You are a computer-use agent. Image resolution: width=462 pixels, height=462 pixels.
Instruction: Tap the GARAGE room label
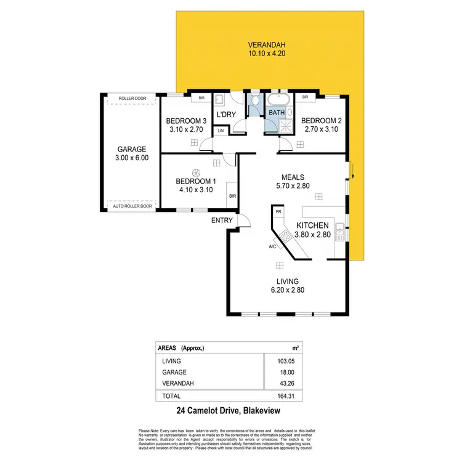pos(132,149)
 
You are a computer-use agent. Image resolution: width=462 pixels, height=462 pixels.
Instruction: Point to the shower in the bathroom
pos(284,125)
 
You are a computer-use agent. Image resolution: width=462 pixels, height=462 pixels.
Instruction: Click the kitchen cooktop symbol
pos(285,235)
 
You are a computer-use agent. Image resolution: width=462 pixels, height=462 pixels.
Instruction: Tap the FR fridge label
pos(278,212)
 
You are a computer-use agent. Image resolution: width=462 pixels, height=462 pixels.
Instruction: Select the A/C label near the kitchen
pos(272,247)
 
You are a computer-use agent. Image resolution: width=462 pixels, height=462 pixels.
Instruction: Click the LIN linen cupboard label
pos(220,131)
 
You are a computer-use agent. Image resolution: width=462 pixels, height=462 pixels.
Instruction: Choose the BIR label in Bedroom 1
pos(232,196)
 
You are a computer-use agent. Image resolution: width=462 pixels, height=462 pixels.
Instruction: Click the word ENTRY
pos(222,220)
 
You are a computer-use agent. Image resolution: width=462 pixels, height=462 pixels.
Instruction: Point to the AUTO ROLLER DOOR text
pos(132,206)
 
